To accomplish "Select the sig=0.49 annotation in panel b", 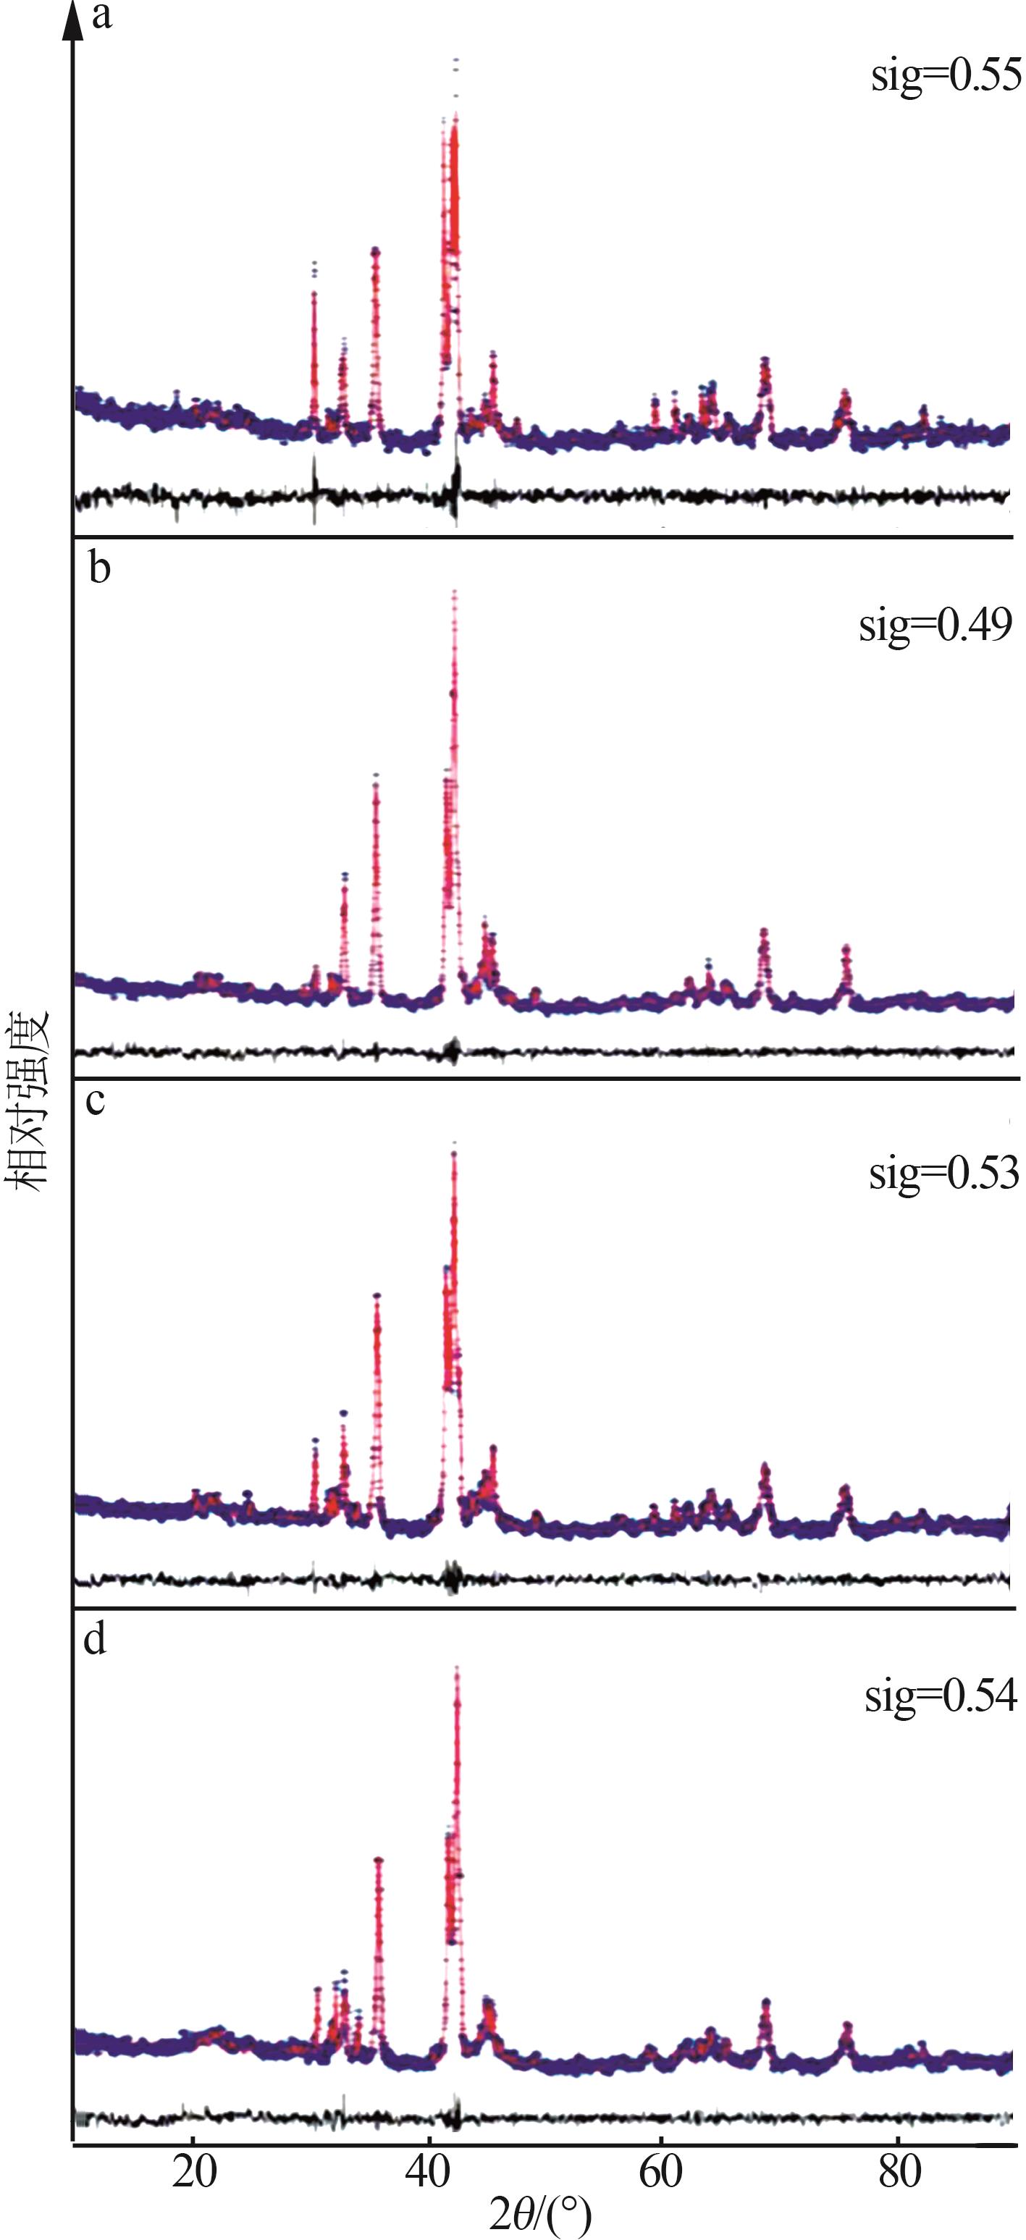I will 935,624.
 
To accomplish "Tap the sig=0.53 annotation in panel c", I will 943,1173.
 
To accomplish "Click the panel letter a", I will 101,17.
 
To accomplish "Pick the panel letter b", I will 99,569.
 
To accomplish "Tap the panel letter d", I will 95,1638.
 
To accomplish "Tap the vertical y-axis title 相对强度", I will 26,1100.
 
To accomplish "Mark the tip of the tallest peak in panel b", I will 455,594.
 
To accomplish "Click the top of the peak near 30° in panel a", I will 314,264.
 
